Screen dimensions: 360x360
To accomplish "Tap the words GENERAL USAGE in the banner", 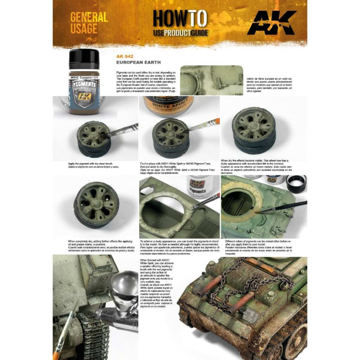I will (x=89, y=23).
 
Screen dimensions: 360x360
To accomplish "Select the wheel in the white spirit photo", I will (x=170, y=137).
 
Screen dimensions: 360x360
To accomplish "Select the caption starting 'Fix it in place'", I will (x=177, y=168).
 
